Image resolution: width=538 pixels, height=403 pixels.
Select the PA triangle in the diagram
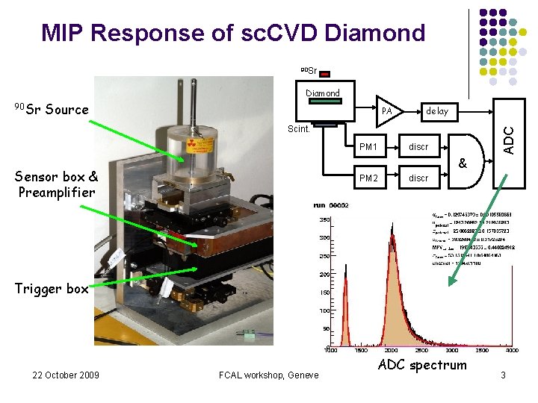pos(387,110)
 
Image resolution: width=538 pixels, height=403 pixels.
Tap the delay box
pos(437,111)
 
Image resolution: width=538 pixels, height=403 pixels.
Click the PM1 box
pos(368,147)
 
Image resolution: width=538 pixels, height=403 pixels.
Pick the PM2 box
pos(368,178)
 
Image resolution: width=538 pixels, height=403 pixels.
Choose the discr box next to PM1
pos(418,147)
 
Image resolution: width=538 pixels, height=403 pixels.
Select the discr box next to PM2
pos(418,178)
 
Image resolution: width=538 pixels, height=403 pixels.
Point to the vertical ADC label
pos(509,140)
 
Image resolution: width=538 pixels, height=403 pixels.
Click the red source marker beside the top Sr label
pos(326,73)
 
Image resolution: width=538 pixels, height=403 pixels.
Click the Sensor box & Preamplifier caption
pos(57,184)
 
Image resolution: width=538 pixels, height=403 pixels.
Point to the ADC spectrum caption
pos(421,365)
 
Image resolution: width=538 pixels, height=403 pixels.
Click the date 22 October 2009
pos(66,375)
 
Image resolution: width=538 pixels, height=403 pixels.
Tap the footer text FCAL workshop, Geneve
pos(270,375)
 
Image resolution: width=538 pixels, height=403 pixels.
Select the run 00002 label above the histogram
pos(331,205)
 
